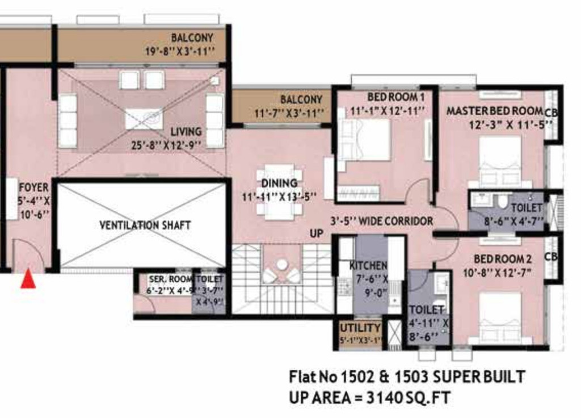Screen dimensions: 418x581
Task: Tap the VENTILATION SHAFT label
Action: [x=145, y=225]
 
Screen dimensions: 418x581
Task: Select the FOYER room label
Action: [x=33, y=187]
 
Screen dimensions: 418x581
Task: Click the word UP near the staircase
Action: [x=317, y=233]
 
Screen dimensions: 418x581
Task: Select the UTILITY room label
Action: [x=360, y=328]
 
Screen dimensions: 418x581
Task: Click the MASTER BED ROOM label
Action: [x=494, y=111]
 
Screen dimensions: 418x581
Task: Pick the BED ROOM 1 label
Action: [x=395, y=97]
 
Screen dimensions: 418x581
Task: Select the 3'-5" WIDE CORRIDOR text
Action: [x=382, y=221]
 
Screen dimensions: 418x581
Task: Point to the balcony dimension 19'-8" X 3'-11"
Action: [x=180, y=52]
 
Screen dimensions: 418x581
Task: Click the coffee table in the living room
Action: [x=144, y=119]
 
